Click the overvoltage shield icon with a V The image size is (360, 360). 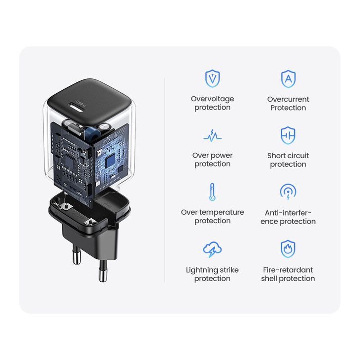coord(212,78)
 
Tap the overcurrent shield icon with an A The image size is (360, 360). coord(289,79)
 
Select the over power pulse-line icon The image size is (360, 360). coord(212,136)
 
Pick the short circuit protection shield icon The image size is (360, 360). coord(288,135)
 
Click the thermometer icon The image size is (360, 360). coord(212,192)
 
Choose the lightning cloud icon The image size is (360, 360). coord(212,249)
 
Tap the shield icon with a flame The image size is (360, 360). coord(288,249)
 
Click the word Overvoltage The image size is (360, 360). coord(212,99)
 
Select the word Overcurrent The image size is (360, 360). coord(288,99)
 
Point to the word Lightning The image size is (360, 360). coord(199,270)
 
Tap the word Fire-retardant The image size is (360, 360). coord(288,270)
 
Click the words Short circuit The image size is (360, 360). coord(288,156)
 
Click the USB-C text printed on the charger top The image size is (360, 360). coord(81,103)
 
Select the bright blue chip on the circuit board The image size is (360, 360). coord(110,160)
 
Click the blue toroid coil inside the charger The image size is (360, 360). coord(93,134)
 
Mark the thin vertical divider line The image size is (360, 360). coord(165,180)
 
